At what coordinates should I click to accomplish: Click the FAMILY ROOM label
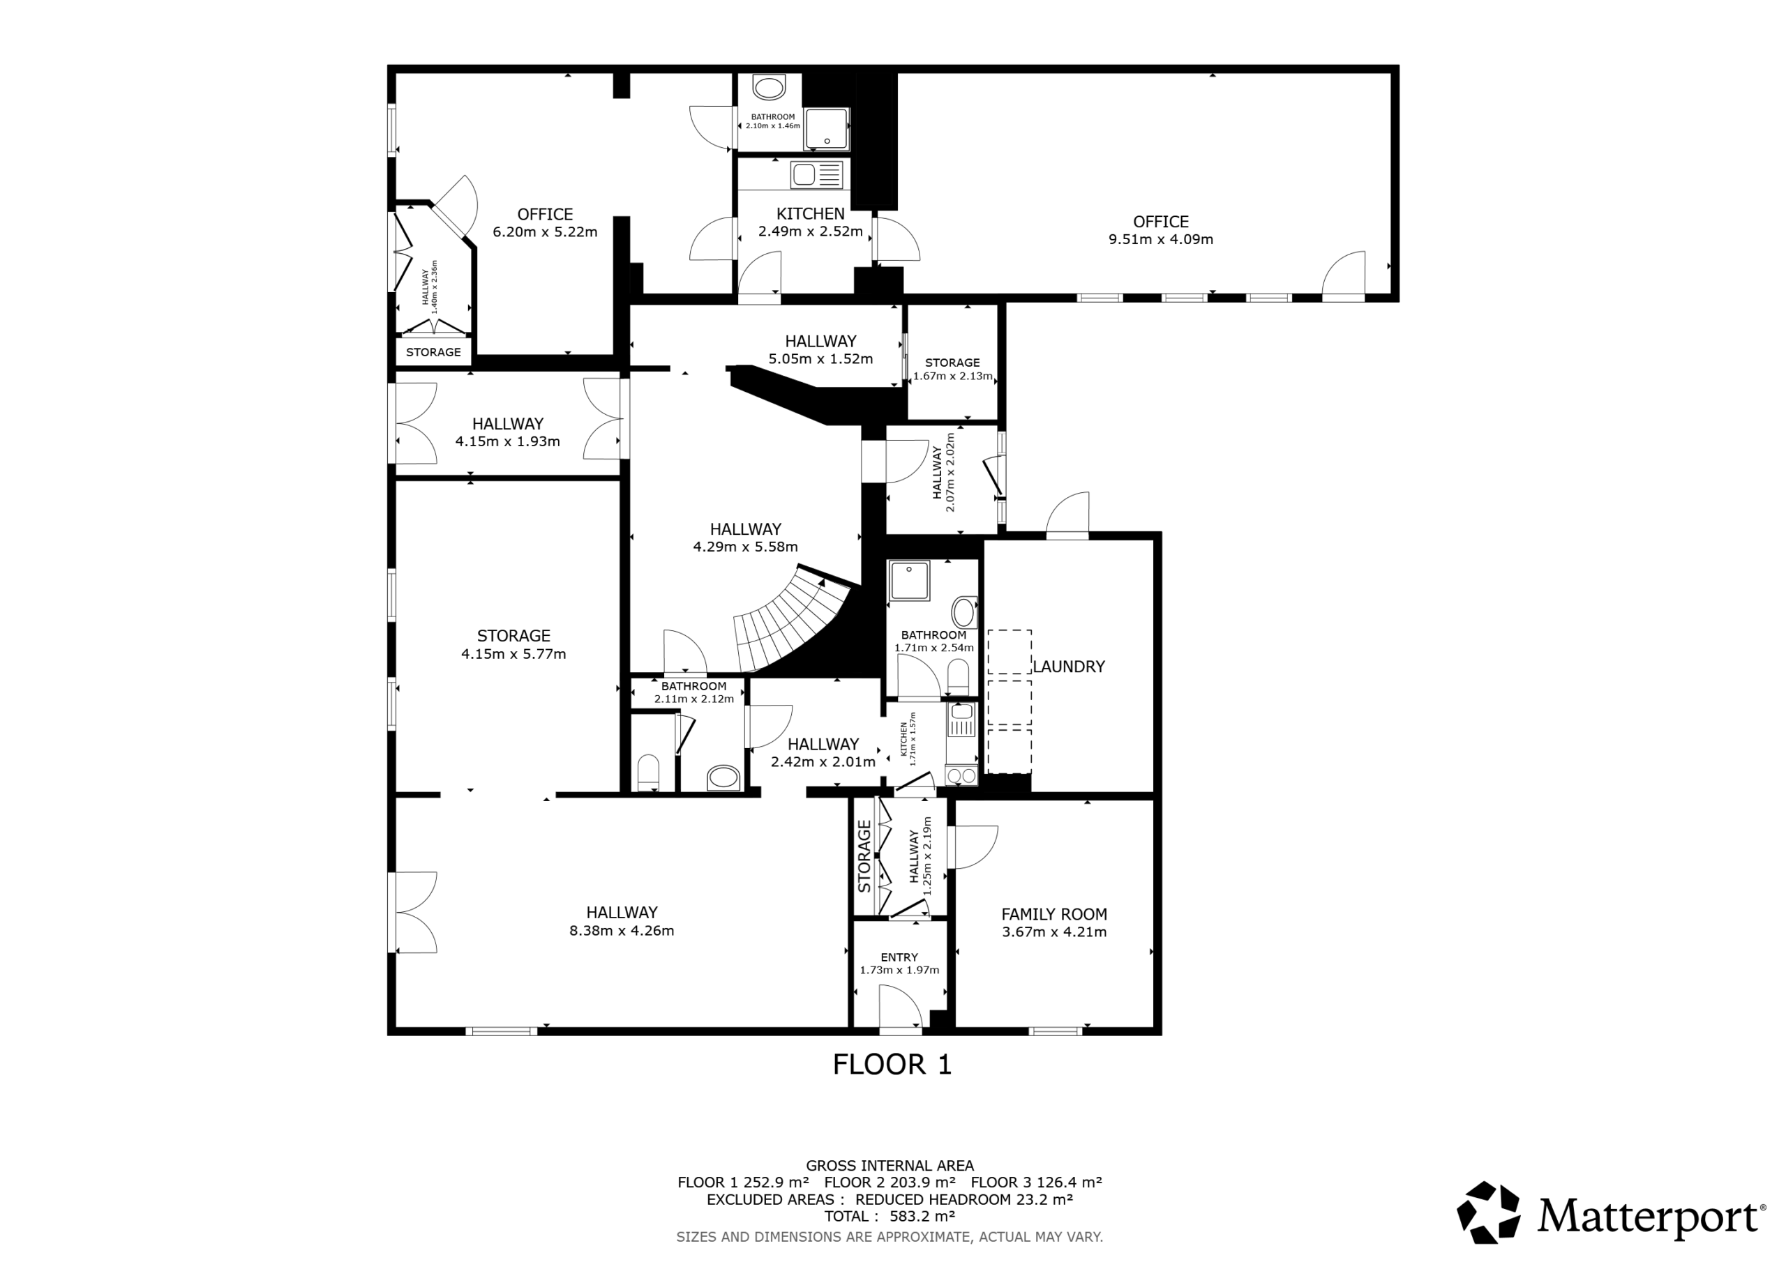(1054, 914)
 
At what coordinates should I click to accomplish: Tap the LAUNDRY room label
(1068, 667)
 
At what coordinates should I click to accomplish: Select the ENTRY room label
(899, 957)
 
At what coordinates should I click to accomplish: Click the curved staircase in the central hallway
(793, 622)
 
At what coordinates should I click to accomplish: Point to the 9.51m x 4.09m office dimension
(1161, 239)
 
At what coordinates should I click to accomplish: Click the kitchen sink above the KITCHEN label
(817, 175)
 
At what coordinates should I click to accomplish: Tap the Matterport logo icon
(1488, 1212)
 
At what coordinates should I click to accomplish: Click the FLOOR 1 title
(892, 1065)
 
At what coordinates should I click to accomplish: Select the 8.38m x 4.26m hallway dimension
(622, 931)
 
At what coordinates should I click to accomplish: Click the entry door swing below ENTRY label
(901, 1008)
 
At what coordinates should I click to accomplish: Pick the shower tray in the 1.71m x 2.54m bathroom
(908, 581)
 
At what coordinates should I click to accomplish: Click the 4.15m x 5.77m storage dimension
(513, 654)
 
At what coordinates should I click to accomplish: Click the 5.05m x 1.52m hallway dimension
(820, 359)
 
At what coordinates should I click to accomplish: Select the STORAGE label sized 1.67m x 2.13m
(952, 363)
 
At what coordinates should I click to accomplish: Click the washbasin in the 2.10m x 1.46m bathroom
(770, 87)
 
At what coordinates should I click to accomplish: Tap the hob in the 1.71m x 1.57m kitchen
(961, 775)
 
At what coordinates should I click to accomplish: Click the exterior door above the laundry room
(1067, 515)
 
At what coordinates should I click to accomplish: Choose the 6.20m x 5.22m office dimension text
(544, 231)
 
